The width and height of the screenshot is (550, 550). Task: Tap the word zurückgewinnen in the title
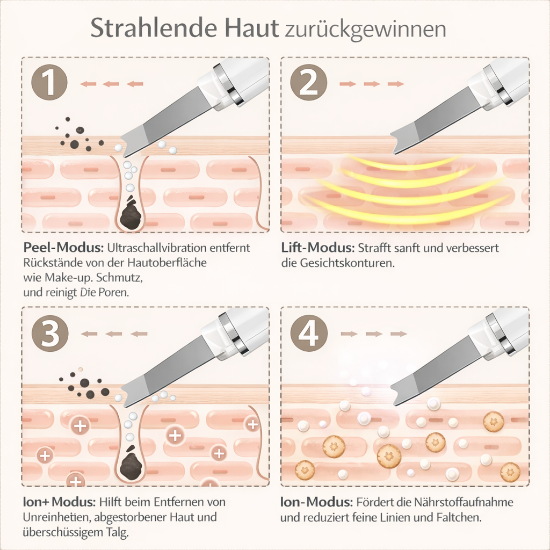[x=365, y=30]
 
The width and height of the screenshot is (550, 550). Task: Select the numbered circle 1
[x=49, y=83]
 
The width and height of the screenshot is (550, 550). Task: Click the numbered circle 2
[x=309, y=83]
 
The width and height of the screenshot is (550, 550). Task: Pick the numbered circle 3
[x=50, y=334]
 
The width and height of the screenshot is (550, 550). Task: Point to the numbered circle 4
[x=309, y=334]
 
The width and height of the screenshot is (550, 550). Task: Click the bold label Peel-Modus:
[x=63, y=248]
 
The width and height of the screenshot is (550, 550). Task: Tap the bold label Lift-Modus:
[x=318, y=248]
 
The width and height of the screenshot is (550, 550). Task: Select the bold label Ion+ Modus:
[x=59, y=502]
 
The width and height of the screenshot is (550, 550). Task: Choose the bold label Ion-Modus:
[x=316, y=502]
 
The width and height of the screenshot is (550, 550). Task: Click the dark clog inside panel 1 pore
[x=131, y=213]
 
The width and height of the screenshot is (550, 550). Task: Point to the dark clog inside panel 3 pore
[x=131, y=462]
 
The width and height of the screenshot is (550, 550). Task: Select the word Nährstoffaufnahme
[x=464, y=502]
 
